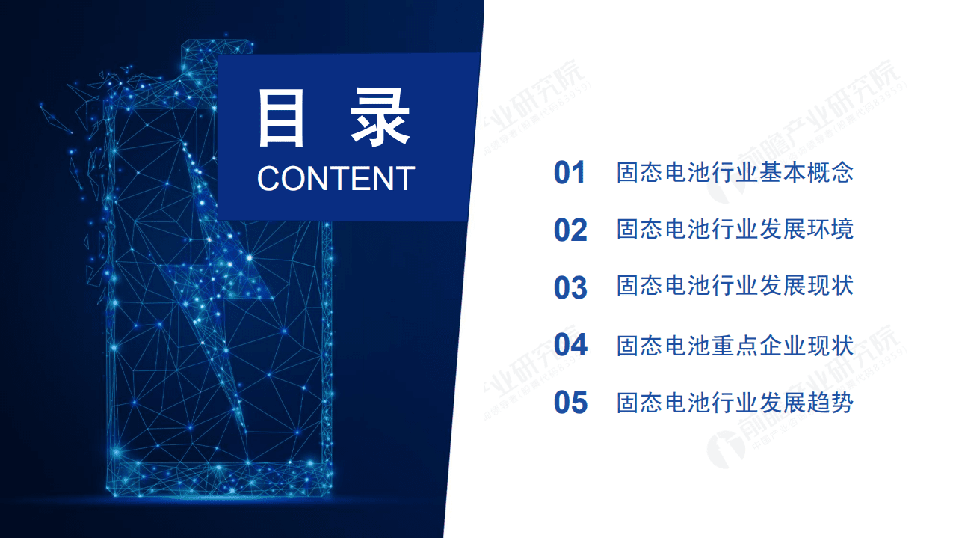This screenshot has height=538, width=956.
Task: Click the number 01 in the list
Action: click(x=570, y=173)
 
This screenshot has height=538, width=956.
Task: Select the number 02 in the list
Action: click(x=570, y=230)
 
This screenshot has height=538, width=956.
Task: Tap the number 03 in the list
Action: click(x=570, y=287)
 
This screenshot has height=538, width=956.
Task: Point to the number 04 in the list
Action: click(x=570, y=345)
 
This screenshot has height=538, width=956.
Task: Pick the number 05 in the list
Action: click(x=570, y=403)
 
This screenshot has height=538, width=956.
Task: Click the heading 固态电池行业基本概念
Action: click(x=735, y=173)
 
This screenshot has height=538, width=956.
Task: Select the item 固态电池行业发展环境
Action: click(x=735, y=230)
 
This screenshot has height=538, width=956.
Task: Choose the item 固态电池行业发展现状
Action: click(x=735, y=287)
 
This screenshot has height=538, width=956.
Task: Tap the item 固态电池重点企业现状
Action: click(x=735, y=345)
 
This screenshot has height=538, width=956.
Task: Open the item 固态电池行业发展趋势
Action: click(x=735, y=403)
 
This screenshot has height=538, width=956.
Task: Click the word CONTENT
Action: click(x=336, y=178)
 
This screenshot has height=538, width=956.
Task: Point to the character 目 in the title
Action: click(x=282, y=118)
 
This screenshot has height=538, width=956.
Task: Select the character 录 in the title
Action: click(x=380, y=118)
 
